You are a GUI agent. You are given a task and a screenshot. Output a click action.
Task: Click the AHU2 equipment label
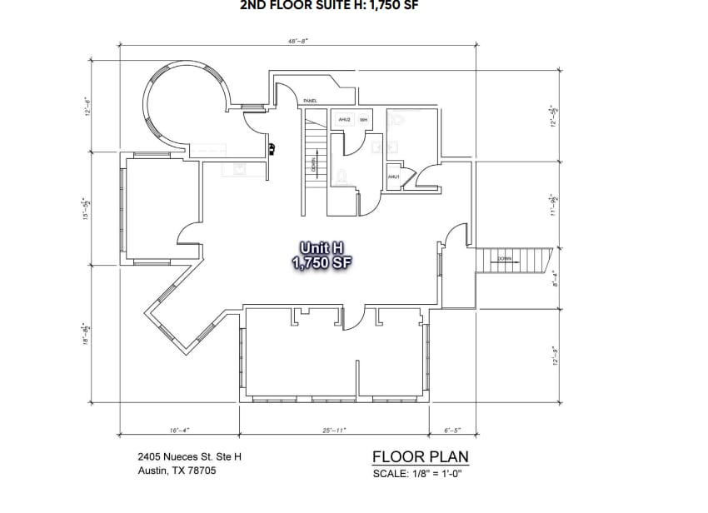344,120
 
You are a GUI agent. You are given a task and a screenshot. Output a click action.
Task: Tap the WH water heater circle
363,120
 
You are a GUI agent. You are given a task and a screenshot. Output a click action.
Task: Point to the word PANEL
310,100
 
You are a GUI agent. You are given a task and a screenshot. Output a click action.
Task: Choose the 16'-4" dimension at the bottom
179,431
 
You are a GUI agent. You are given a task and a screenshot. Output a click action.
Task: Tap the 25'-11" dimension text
333,431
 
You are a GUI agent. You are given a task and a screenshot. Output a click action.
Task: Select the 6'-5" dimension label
452,431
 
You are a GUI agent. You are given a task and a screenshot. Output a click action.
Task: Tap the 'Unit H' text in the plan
322,247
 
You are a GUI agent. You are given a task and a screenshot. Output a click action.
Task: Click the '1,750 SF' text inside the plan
322,262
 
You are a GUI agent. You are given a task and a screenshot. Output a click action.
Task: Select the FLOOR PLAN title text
420,456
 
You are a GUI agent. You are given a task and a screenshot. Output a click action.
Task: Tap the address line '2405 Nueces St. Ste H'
190,456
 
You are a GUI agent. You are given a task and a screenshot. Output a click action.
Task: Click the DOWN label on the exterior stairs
505,259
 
